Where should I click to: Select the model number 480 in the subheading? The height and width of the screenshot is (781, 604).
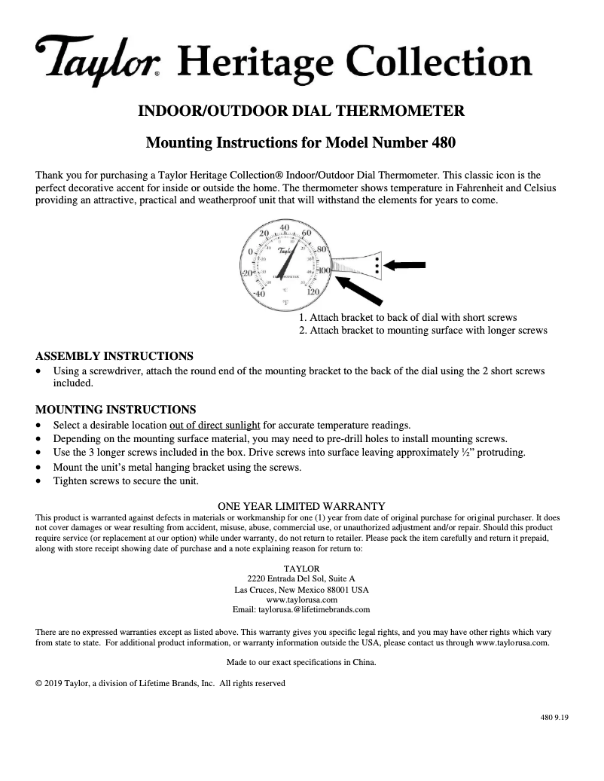pyautogui.click(x=442, y=142)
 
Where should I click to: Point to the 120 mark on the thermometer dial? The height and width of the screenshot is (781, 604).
pyautogui.click(x=315, y=291)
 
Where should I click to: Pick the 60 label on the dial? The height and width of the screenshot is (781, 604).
pyautogui.click(x=306, y=233)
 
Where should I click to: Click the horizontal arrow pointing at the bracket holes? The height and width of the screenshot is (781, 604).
pyautogui.click(x=407, y=264)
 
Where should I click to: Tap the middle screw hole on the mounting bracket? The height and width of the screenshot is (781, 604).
pyautogui.click(x=377, y=264)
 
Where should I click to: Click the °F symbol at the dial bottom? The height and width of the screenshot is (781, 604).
pyautogui.click(x=285, y=302)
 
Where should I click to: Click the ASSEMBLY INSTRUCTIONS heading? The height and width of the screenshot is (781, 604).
pyautogui.click(x=114, y=355)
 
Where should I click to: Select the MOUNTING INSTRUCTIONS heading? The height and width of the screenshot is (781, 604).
pyautogui.click(x=116, y=410)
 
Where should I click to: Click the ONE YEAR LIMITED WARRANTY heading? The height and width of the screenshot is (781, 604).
pyautogui.click(x=301, y=506)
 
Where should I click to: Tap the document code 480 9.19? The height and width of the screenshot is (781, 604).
pyautogui.click(x=554, y=717)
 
